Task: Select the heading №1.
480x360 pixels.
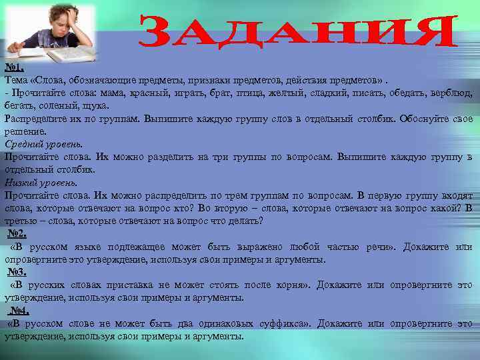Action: click(14, 68)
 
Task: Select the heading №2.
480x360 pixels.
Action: click(17, 234)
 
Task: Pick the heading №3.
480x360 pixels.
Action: click(17, 272)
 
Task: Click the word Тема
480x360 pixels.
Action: click(16, 81)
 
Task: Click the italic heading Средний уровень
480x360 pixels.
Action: click(43, 144)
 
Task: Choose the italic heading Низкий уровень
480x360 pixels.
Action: click(41, 182)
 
